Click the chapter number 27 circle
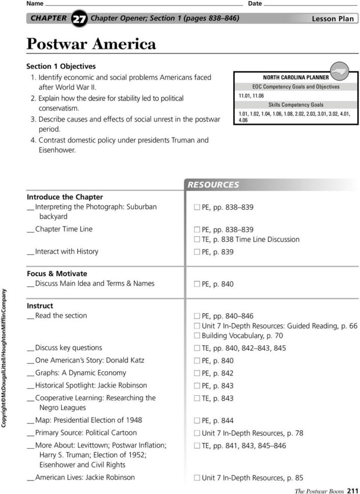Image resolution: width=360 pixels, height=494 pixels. (x=79, y=19)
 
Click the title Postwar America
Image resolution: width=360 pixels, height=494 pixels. (x=91, y=45)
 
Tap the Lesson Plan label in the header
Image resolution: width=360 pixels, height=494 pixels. (x=332, y=19)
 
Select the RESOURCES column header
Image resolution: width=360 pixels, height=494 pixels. (x=213, y=185)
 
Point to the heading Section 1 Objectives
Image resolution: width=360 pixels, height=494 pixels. (x=61, y=66)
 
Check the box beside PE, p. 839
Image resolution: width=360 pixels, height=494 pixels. (x=197, y=252)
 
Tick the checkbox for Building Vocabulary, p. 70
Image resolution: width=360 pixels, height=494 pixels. (x=197, y=336)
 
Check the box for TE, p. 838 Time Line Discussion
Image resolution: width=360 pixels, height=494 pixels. (x=197, y=239)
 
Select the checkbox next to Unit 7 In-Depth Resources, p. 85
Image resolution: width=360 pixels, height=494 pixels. (x=197, y=478)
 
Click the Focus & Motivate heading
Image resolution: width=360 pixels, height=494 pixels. (x=57, y=273)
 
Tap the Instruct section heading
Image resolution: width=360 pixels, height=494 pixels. (x=40, y=306)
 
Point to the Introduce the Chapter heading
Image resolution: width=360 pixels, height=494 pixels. (x=65, y=197)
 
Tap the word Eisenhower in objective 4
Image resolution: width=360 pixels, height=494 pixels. (x=57, y=150)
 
